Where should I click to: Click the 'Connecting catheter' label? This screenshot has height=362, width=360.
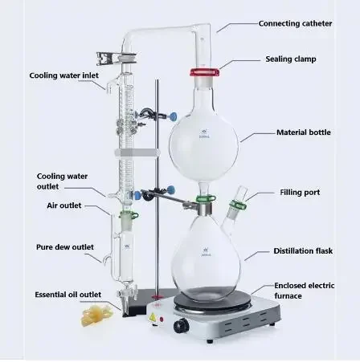tap(295, 23)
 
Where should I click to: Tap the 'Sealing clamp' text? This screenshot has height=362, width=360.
tap(290, 59)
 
